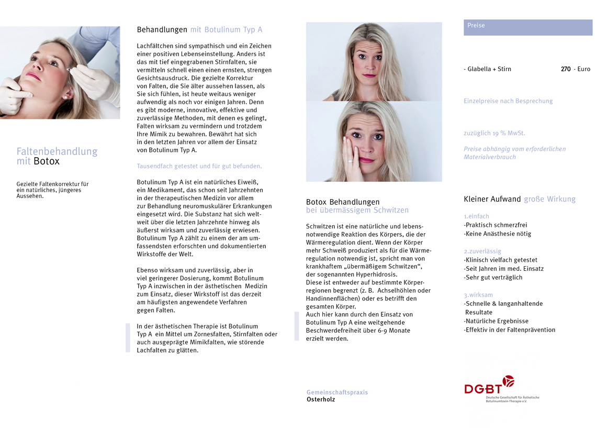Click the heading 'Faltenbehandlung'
coord(57,151)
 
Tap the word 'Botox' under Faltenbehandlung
coord(47,161)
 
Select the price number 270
coord(566,69)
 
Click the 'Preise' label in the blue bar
coord(476,26)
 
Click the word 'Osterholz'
coord(321,400)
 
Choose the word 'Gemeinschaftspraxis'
coord(337,392)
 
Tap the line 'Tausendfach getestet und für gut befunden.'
coord(199,166)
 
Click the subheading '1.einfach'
coord(476,216)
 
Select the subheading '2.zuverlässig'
coord(482,251)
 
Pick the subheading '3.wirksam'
coord(478,295)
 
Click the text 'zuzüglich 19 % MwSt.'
coord(494,133)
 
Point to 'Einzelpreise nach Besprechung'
coord(508,101)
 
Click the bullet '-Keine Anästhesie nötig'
coord(497,234)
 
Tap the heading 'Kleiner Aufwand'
coord(492,199)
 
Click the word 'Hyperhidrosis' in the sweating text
coord(377,275)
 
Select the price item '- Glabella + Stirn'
coord(487,69)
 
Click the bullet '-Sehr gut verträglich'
coord(493,278)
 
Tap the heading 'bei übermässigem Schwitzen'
coord(357,210)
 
